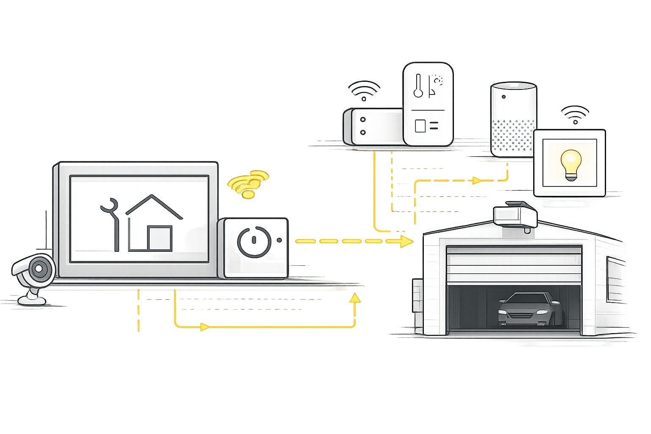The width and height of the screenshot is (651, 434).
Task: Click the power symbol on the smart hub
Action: [254, 242]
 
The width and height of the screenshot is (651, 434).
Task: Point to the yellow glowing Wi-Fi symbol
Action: [248, 184]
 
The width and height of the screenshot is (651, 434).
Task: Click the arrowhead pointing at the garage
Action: [406, 242]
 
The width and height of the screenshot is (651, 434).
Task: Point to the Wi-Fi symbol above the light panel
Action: [575, 114]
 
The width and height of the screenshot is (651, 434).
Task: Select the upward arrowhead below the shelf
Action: [354, 298]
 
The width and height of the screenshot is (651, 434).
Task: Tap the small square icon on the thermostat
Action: [420, 125]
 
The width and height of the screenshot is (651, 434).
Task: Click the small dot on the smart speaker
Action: [504, 97]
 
